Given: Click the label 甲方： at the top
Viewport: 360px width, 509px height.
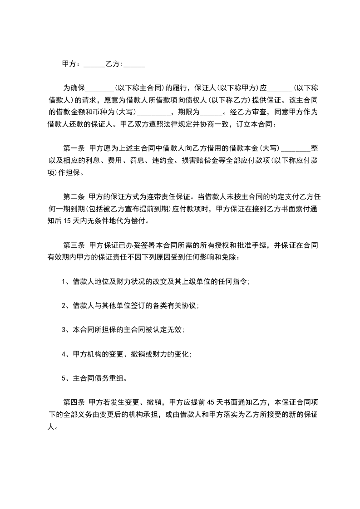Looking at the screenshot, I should pyautogui.click(x=72, y=64).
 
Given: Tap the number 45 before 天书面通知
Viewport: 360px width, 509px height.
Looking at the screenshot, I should pyautogui.click(x=210, y=402).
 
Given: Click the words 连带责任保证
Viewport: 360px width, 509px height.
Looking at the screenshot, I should pyautogui.click(x=168, y=198).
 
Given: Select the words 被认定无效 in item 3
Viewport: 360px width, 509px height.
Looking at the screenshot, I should pyautogui.click(x=164, y=330).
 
